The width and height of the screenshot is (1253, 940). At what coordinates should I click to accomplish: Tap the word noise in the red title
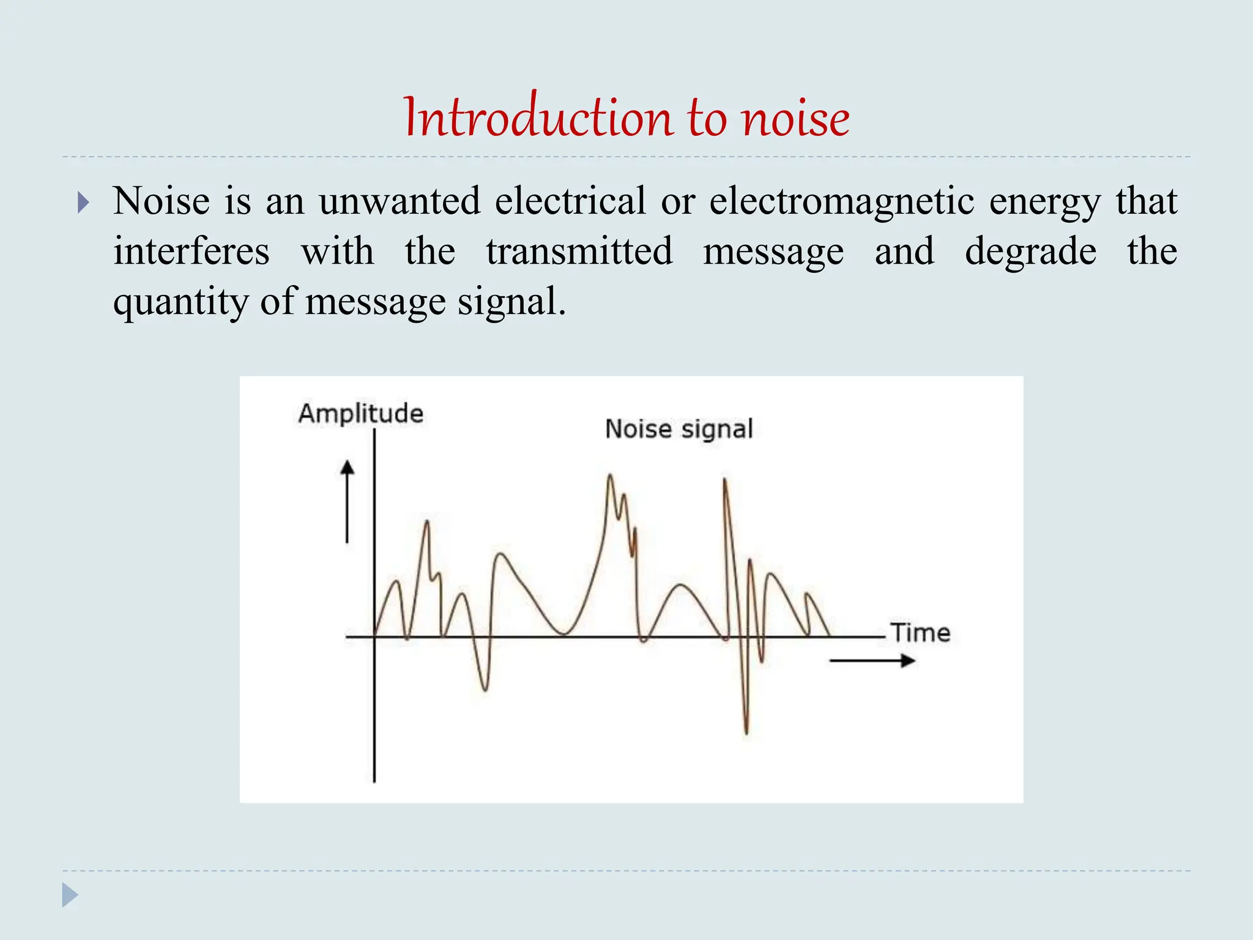795,117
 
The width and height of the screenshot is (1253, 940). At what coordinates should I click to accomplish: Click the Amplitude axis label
360,414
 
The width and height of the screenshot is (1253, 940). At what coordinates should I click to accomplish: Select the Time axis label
920,632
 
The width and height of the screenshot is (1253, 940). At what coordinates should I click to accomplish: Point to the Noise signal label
679,429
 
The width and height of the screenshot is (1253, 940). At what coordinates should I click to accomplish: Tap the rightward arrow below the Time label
872,660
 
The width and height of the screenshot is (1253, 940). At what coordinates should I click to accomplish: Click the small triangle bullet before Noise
84,203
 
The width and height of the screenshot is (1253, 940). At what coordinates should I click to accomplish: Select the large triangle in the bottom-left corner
70,895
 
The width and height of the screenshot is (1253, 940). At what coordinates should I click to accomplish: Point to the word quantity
180,302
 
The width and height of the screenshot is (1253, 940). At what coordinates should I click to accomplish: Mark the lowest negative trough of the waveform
746,731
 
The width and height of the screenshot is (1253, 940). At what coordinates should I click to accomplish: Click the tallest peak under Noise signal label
609,476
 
